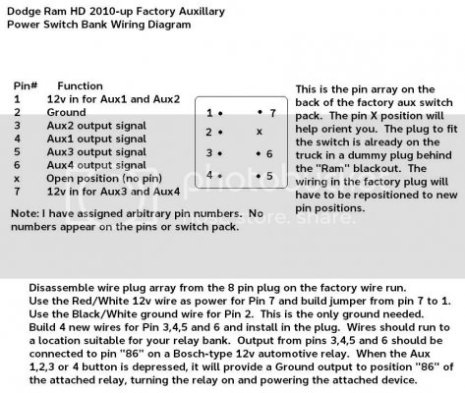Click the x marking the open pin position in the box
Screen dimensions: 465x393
point(260,132)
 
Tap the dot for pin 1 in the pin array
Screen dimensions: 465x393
point(220,114)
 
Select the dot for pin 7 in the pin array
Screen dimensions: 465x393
point(260,112)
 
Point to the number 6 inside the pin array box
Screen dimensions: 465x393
point(269,153)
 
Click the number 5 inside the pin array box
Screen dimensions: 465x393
point(269,176)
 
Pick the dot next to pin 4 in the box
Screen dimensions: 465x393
point(220,176)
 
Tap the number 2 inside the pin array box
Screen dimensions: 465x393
point(208,132)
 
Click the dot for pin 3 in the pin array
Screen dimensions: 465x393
point(220,153)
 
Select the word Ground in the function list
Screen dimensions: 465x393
point(67,112)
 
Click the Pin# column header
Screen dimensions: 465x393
point(26,85)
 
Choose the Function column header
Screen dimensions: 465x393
point(80,85)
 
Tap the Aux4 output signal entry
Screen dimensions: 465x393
point(96,165)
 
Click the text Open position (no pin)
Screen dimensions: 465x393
point(104,179)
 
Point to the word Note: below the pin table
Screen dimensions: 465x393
point(26,213)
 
